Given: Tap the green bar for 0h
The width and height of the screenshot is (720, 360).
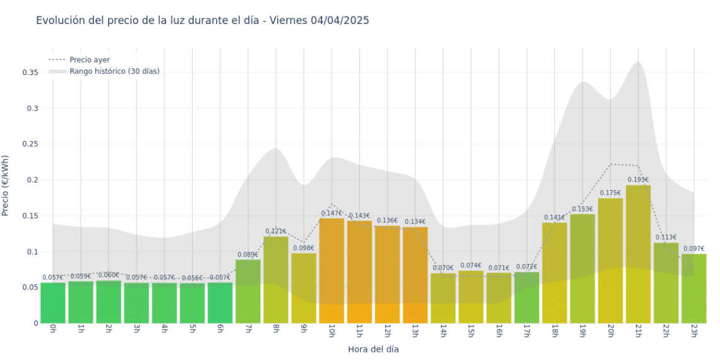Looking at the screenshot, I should [x=53, y=303].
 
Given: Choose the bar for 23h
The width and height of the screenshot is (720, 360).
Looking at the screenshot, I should [x=693, y=288].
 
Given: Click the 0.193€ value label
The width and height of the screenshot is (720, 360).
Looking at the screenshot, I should [x=638, y=179].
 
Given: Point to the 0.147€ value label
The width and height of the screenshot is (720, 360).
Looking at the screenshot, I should [x=332, y=213].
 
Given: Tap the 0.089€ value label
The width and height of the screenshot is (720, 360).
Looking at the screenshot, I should [x=248, y=255].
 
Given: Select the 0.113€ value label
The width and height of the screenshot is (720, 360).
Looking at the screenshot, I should [x=666, y=237].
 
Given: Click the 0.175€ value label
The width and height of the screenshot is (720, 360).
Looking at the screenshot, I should [x=610, y=193].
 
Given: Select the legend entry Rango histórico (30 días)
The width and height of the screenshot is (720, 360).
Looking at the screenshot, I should [x=114, y=71].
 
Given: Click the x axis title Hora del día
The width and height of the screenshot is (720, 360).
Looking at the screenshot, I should [x=373, y=349].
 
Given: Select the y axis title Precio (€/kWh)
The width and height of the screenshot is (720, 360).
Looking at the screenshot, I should [x=6, y=186].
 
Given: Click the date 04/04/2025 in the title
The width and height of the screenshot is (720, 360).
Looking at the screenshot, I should [x=339, y=20].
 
